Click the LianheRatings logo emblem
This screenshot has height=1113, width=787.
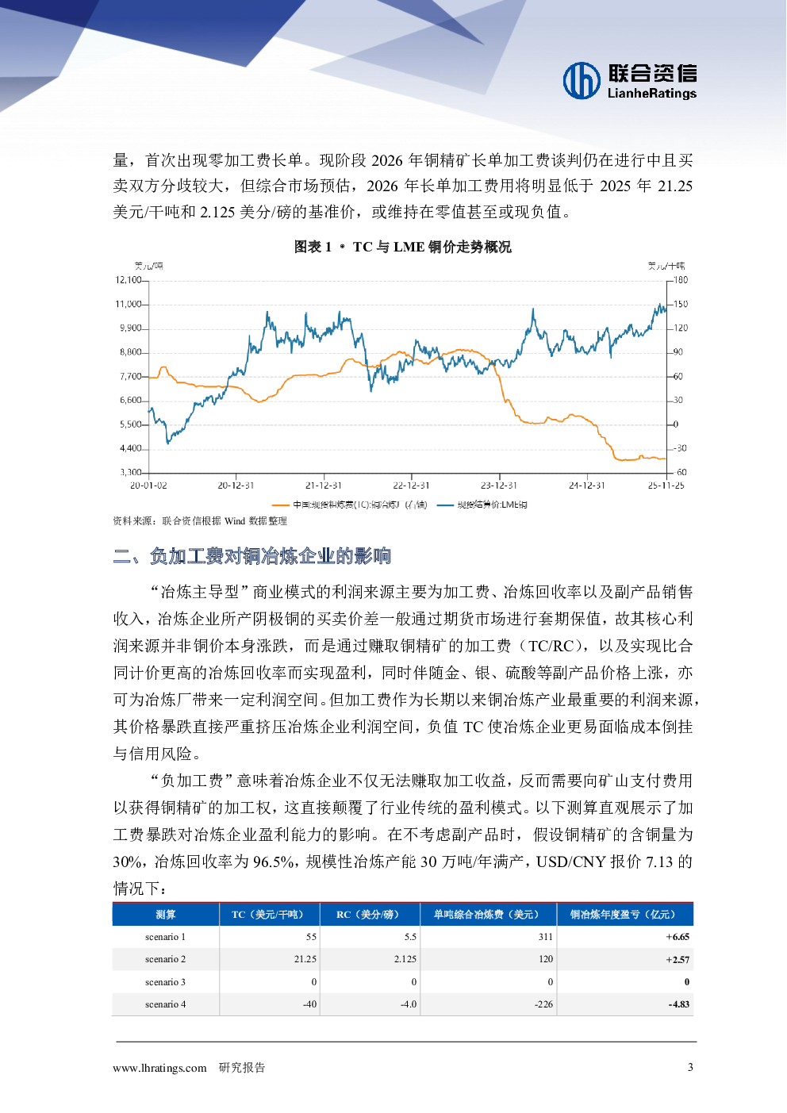point(582,81)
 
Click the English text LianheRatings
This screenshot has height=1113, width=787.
point(651,94)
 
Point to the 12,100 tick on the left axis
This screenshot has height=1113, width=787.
point(129,280)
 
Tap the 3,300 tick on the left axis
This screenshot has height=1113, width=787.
point(131,473)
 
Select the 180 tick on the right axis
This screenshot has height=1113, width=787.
point(681,280)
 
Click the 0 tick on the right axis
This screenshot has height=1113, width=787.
point(676,424)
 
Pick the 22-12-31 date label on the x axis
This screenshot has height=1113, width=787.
point(411,485)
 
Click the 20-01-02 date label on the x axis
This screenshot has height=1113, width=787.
point(148,485)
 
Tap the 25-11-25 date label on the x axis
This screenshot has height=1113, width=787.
point(666,485)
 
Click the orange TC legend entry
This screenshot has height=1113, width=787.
point(349,505)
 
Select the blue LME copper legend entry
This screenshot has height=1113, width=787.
point(482,505)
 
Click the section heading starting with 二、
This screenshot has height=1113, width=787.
point(252,556)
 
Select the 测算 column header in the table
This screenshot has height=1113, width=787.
point(166,915)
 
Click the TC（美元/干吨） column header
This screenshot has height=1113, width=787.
point(269,915)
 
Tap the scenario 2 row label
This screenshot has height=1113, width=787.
point(165,959)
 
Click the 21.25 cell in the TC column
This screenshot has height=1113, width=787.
point(305,959)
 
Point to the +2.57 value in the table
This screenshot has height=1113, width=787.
point(678,960)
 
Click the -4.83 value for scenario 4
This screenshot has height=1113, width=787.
point(678,1004)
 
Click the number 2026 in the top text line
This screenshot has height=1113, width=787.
point(387,160)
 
